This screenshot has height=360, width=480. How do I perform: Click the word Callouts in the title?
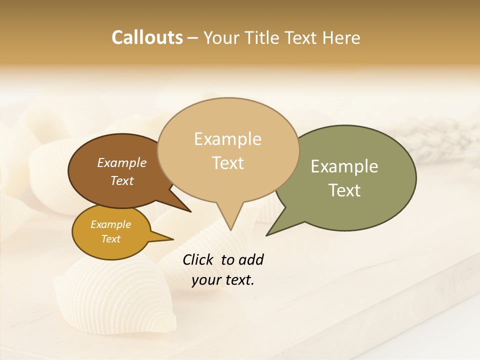tap(147, 37)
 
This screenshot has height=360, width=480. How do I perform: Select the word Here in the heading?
tap(341, 37)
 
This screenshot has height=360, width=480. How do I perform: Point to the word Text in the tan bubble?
tap(227, 162)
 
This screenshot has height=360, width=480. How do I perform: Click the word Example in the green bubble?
tap(344, 166)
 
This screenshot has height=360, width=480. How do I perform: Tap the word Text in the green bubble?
tap(344, 190)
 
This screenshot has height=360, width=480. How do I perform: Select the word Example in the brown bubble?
tap(121, 163)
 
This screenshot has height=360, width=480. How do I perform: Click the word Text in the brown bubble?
tap(121, 180)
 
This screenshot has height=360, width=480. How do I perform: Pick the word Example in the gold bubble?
tap(110, 224)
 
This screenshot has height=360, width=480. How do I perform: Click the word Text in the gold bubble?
tap(110, 239)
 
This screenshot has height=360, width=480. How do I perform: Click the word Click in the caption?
tap(199, 259)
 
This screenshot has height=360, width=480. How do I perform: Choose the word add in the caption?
tap(251, 259)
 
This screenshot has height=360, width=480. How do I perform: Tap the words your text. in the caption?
tap(223, 280)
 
